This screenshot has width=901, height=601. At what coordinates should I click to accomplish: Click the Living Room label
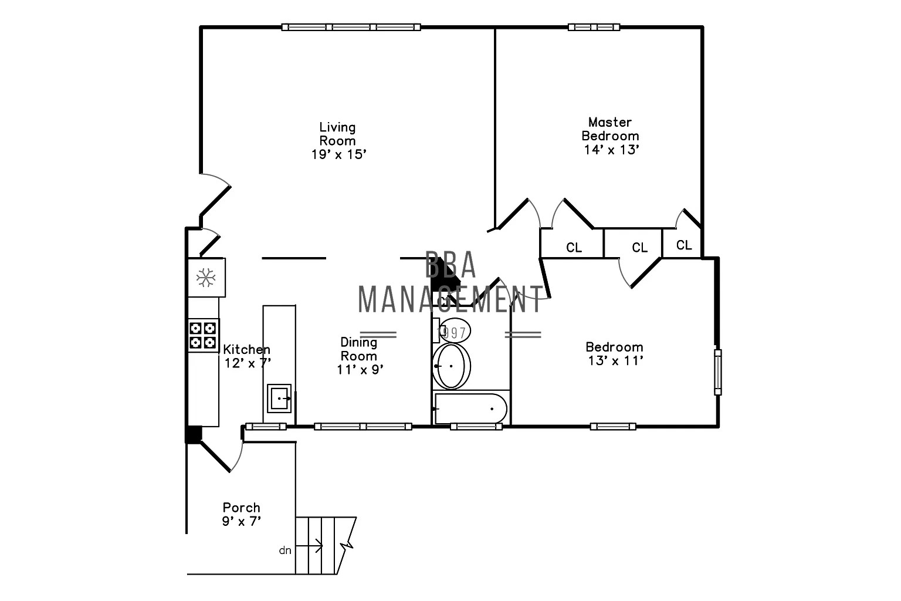pos(337,134)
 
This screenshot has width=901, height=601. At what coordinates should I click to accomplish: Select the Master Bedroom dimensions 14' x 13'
pos(611,150)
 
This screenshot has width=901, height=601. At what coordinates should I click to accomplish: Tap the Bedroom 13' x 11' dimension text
pos(615,360)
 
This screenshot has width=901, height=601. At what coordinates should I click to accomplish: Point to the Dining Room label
pos(359,349)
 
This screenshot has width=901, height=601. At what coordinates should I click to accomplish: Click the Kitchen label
pos(246,350)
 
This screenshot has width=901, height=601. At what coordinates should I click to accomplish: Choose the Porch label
pos(241,508)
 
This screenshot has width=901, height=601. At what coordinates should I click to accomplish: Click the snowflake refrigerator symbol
pos(206,278)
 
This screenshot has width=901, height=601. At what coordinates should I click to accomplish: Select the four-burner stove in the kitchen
pos(203,335)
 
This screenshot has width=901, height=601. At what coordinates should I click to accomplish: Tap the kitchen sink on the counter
pos(279,398)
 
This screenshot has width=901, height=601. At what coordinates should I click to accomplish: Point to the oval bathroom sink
pos(451,366)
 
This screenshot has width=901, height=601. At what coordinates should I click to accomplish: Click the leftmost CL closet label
pos(574,248)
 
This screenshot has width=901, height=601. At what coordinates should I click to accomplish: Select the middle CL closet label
pos(639,248)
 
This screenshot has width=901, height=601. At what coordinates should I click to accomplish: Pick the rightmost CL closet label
pos(684,245)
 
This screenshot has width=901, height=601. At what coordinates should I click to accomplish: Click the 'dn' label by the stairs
pos(285,551)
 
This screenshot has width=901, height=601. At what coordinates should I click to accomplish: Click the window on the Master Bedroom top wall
pos(594,27)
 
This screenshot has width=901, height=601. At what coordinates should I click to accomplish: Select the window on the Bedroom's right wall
pos(717,372)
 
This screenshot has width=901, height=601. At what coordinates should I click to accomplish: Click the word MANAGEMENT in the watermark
pos(450,299)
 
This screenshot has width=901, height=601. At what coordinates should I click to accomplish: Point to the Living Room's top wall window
pos(351,27)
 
